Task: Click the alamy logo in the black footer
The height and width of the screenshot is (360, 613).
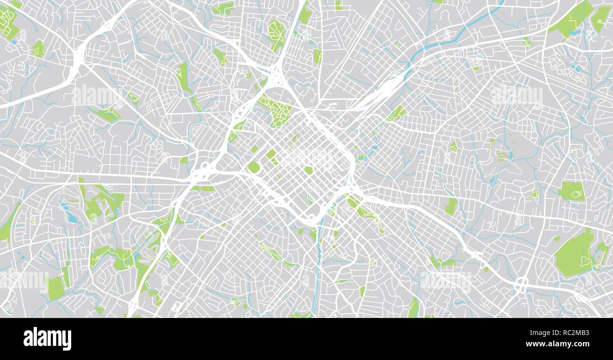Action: [x=47, y=339]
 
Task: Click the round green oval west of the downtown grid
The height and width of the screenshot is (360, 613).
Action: [x=254, y=167]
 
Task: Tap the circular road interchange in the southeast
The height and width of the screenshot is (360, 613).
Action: [x=522, y=284]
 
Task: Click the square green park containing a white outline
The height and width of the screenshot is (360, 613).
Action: [x=572, y=191]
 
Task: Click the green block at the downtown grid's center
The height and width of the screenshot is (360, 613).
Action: [x=308, y=170]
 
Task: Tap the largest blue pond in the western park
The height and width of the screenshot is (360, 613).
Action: [x=72, y=218]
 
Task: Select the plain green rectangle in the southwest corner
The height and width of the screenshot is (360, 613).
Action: [x=56, y=288]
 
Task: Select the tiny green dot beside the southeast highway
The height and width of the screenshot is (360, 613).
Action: [x=486, y=269]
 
